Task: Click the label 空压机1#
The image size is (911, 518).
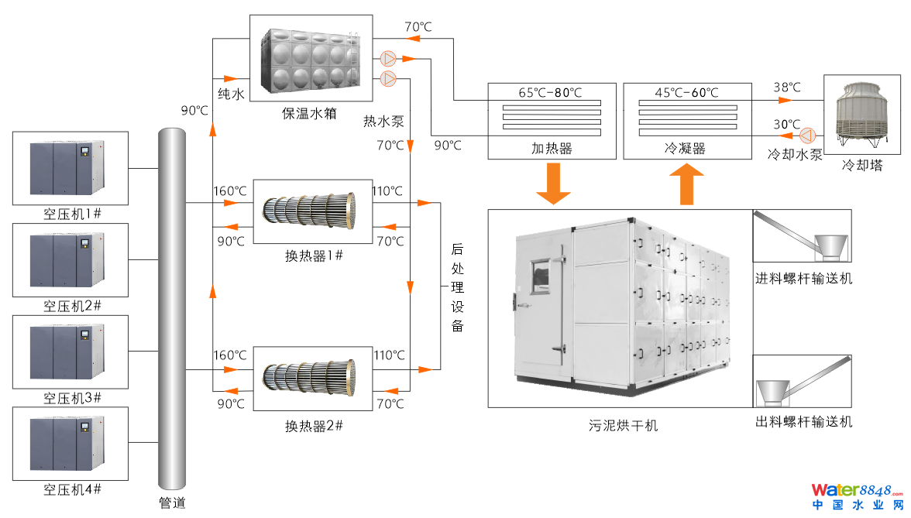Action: [71, 214]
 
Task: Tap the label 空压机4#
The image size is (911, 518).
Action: [71, 490]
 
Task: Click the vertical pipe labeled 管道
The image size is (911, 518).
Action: [173, 310]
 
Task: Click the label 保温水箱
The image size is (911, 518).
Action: [309, 114]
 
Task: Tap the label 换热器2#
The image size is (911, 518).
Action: [314, 426]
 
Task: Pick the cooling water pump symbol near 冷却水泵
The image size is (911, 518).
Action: [808, 135]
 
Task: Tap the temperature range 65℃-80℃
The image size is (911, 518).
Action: [550, 93]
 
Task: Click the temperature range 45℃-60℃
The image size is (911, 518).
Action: [686, 93]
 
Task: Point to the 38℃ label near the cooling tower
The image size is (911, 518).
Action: [786, 87]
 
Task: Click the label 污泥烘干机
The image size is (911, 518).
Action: [623, 425]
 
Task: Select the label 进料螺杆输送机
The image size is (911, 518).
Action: [803, 279]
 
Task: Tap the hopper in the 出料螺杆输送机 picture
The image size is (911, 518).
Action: [773, 392]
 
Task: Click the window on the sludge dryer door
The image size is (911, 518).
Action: [539, 277]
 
